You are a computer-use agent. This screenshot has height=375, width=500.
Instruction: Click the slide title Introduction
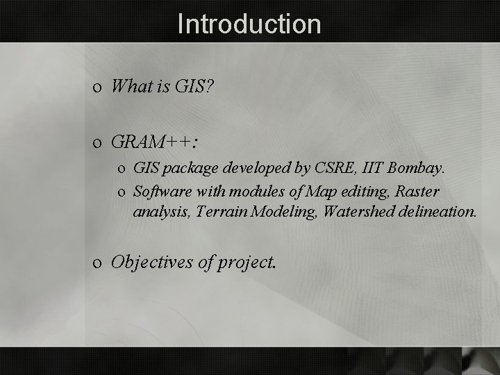[x=249, y=24]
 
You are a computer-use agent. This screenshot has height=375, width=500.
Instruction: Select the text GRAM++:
[x=154, y=142]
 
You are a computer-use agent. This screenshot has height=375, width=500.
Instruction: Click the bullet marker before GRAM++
[x=99, y=144]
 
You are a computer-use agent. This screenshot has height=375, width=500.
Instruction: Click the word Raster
[x=417, y=190]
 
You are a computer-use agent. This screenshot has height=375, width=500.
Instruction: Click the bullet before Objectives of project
[x=99, y=263]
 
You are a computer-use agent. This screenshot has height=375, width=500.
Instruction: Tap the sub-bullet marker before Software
[x=122, y=192]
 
